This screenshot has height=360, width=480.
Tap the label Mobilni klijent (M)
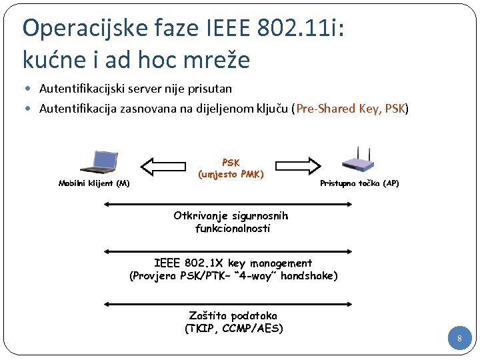[94, 183]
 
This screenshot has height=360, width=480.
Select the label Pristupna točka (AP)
[359, 183]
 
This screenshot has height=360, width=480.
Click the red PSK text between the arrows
[231, 163]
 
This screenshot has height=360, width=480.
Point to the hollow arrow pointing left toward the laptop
[165, 164]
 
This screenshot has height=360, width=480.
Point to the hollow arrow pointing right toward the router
[295, 164]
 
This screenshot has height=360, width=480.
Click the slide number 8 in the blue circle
[459, 340]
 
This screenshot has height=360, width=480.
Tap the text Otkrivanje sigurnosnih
[231, 216]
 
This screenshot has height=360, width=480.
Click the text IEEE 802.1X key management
[233, 263]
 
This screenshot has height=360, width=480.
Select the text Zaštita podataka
[233, 315]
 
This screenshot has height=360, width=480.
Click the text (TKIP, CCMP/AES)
[233, 328]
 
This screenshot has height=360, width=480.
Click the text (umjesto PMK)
[231, 175]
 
